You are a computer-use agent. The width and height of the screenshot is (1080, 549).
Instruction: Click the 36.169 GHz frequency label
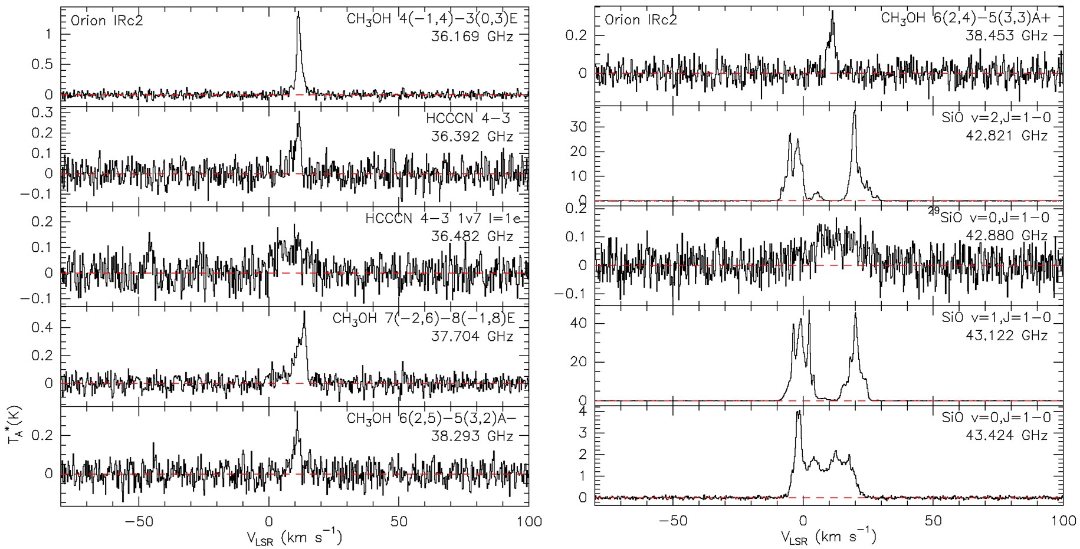coord(472,37)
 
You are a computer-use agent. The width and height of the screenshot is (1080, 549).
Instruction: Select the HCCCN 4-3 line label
coord(468,119)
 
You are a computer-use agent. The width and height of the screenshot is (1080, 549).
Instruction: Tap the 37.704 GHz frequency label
coord(472,336)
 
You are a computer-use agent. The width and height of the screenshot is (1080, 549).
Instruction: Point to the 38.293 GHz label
coord(472,436)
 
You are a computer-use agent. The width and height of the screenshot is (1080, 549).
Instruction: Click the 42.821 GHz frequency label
coord(1006,136)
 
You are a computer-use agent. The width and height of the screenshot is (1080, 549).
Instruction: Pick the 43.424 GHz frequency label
coord(1006,436)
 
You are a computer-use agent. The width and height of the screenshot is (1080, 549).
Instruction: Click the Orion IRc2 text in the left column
coord(107,21)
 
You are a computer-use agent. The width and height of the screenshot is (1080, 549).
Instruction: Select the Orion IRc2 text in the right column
coord(641,21)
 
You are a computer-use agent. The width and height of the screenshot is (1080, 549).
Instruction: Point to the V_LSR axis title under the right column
coord(828,537)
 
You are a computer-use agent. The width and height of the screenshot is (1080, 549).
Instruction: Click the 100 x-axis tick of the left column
coord(528,521)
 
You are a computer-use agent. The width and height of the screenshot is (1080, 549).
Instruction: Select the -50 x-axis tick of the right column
coord(673,521)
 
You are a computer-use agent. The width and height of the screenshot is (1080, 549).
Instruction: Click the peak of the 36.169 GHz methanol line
coord(298,12)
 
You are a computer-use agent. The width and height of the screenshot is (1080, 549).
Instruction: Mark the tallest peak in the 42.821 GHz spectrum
coord(855,111)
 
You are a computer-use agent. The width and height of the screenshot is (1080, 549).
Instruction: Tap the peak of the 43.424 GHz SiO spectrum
coord(799,412)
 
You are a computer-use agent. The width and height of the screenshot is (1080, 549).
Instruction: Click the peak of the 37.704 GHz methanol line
coord(304,311)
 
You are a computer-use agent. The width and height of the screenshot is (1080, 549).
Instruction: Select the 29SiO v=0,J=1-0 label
coord(991,217)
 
